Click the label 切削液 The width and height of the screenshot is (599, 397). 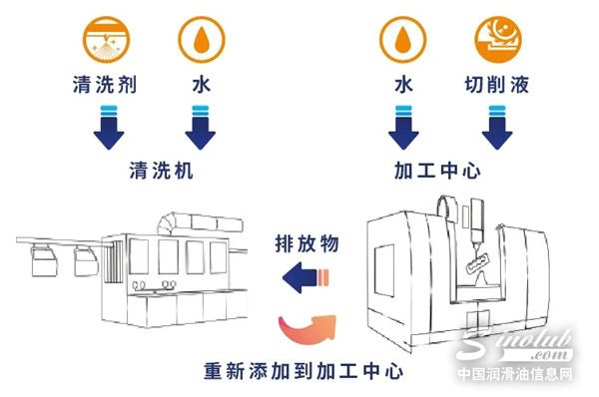pos(498,86)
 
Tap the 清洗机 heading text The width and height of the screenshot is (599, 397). pos(161,171)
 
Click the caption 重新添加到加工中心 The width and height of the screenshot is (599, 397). pos(299,370)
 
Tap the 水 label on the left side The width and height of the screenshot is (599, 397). pos(200,86)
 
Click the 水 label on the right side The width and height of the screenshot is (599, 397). pos(402,86)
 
